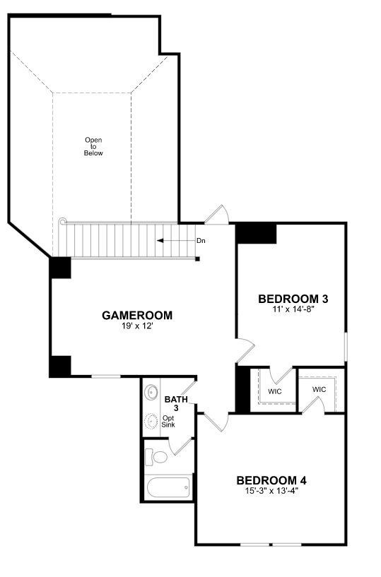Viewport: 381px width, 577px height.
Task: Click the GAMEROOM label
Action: click(x=137, y=316)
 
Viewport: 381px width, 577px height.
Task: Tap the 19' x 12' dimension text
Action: click(x=137, y=326)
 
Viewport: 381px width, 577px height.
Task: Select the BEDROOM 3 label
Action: click(x=293, y=299)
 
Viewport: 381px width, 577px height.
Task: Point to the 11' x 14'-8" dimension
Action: click(x=293, y=309)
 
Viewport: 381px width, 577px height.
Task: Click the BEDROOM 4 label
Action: click(x=271, y=480)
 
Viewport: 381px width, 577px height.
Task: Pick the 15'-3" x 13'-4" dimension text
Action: click(x=271, y=491)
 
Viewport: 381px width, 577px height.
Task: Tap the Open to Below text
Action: click(x=93, y=146)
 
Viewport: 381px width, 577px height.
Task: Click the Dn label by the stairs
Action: click(x=201, y=241)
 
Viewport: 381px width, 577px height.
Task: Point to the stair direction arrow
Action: click(x=176, y=241)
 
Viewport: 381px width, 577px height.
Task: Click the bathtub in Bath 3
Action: click(x=168, y=487)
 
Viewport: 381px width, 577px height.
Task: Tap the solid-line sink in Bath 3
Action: click(x=151, y=392)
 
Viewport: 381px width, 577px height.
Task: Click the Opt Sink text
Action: click(x=168, y=422)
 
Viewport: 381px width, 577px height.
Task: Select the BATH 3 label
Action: click(x=176, y=403)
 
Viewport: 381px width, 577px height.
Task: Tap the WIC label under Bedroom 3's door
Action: click(x=275, y=391)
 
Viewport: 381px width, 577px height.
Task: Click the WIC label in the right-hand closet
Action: click(x=319, y=389)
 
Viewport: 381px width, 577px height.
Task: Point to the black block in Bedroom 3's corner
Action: click(x=257, y=233)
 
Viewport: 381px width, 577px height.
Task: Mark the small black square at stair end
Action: click(x=197, y=259)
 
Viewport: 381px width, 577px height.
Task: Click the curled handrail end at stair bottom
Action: click(x=62, y=221)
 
